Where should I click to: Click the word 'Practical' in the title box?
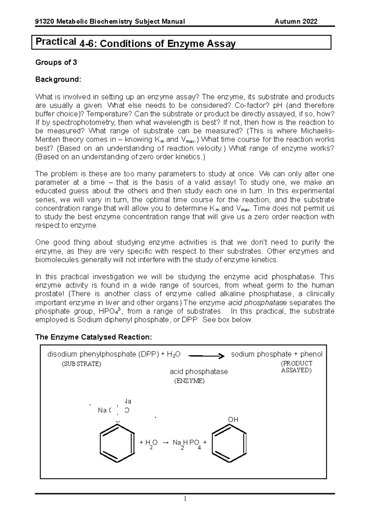tap(56, 41)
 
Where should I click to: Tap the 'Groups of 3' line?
tap(56, 63)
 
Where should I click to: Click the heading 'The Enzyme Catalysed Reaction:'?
tap(94, 337)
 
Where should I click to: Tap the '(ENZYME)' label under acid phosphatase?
tap(189, 381)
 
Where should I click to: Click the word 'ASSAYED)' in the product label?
tap(296, 371)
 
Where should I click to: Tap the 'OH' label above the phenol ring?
tap(233, 420)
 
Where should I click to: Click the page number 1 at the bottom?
tap(185, 499)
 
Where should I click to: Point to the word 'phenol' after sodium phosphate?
tap(311, 354)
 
